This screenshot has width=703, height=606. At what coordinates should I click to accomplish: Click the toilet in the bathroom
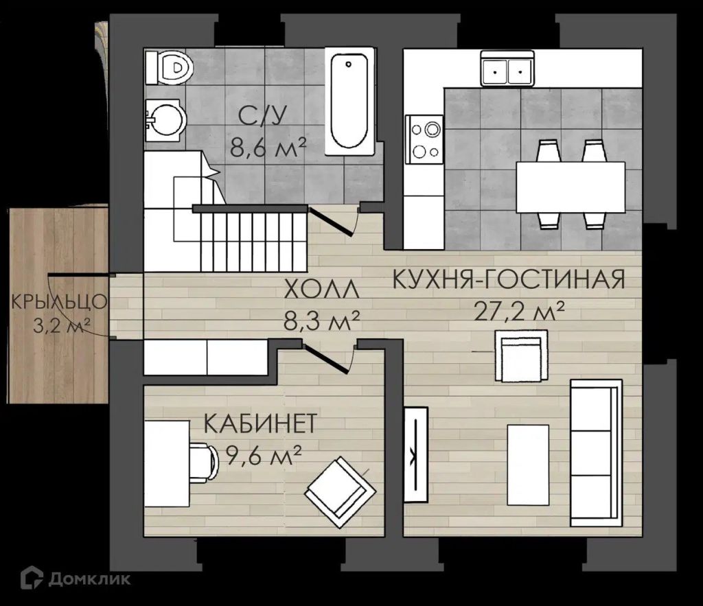tap(169, 68)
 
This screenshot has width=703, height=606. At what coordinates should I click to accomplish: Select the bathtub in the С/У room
tap(349, 102)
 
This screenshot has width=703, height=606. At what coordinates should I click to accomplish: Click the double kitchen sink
tap(507, 68)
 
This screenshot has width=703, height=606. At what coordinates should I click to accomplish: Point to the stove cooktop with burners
tap(424, 139)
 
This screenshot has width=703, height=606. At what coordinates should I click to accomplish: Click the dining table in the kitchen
tap(571, 187)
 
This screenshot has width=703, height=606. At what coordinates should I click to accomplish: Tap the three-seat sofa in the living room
tap(596, 453)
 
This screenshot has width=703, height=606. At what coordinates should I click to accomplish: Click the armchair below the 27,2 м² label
tap(521, 356)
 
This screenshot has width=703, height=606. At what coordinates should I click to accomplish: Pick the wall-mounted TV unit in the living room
tap(416, 454)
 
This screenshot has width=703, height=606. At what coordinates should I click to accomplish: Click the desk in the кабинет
tap(166, 463)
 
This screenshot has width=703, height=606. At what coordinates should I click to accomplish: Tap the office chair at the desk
tap(203, 463)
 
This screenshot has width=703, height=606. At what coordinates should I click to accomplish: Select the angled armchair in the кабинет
tap(341, 492)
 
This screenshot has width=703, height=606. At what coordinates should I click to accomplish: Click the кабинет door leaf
tap(325, 358)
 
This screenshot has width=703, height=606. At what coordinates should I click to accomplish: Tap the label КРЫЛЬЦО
tap(59, 302)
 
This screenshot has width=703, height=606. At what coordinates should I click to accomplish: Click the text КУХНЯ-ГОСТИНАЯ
tap(509, 279)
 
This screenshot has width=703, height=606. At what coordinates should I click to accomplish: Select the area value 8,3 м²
tap(321, 321)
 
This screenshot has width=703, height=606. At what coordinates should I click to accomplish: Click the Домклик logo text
tap(89, 579)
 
